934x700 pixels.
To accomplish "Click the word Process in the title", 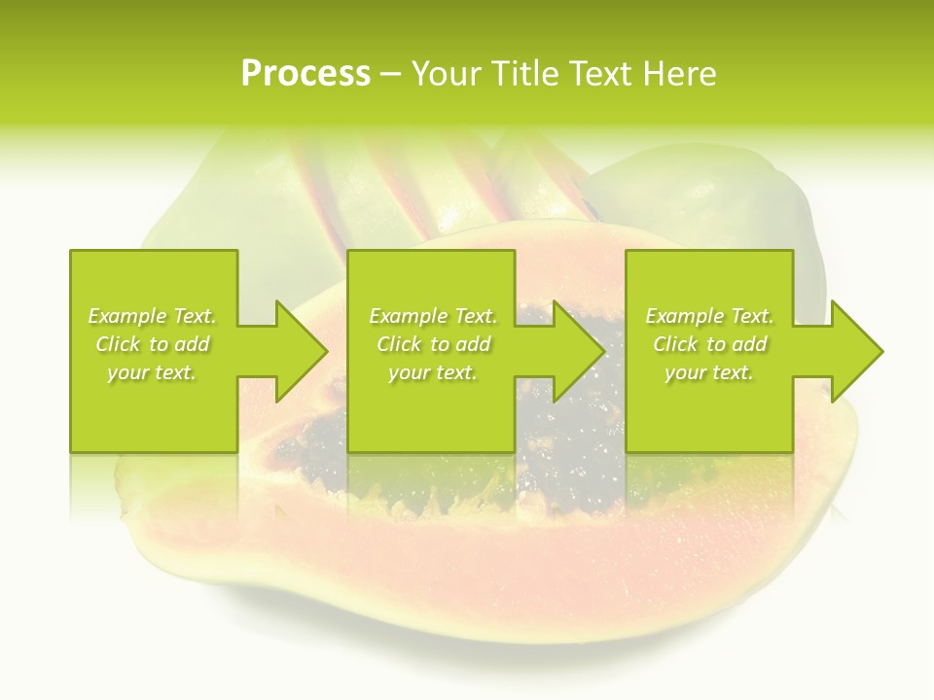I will (x=305, y=74).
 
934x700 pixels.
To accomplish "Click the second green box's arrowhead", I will (x=578, y=351).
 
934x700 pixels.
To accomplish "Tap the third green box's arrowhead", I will (x=856, y=351).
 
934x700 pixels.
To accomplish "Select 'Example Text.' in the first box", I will (x=152, y=316).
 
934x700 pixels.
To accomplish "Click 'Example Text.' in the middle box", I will (x=432, y=316).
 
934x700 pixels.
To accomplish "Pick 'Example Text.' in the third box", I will (x=709, y=316).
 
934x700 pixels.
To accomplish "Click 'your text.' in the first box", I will (x=152, y=372).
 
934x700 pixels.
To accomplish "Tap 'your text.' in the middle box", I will (x=432, y=372).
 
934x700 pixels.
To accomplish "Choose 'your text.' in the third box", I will (x=709, y=372).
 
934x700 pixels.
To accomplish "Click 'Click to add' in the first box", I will (x=152, y=344).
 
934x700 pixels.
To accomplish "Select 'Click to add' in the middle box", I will (x=432, y=344).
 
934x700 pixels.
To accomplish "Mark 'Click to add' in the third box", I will (x=709, y=344).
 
